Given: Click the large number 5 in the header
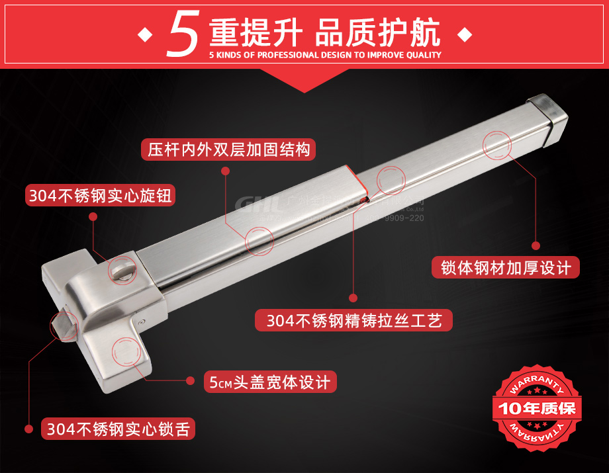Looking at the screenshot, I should click(x=183, y=33).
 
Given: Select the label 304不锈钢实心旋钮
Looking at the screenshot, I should click(x=101, y=195).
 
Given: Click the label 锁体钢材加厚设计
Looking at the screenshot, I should click(x=506, y=267).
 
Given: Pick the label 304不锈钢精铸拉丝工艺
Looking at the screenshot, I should click(x=353, y=320).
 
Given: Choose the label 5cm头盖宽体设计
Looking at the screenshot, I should click(x=269, y=382).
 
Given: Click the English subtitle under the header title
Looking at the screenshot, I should click(x=324, y=56).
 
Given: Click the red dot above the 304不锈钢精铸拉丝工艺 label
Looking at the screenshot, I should click(x=353, y=298).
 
